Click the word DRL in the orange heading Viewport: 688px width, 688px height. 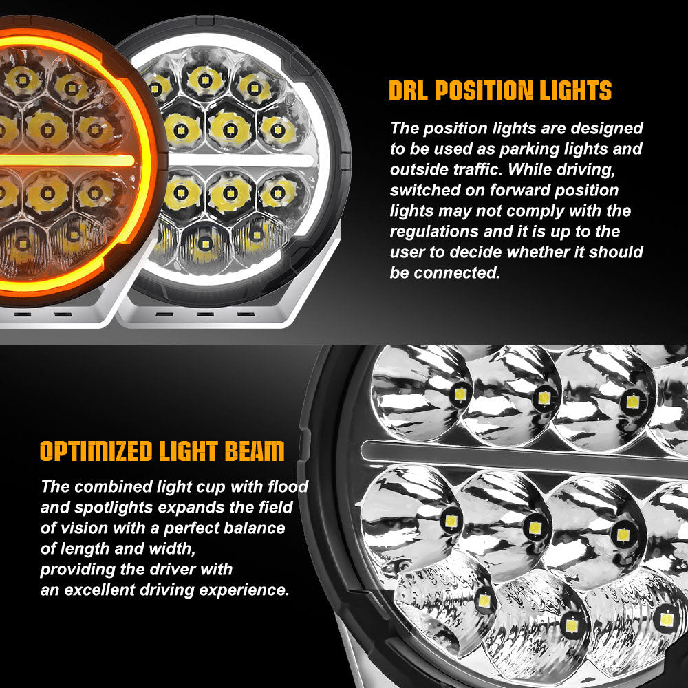pos(408,90)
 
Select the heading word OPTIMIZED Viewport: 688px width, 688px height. pos(96,451)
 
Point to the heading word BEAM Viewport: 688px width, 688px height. pos(255,451)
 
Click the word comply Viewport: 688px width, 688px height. pos(537,211)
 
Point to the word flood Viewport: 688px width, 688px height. pos(288,486)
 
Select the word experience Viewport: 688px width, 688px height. pos(244,590)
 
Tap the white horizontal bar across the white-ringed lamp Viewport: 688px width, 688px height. pos(241,160)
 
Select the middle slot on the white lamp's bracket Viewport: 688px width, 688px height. pos(205,314)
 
